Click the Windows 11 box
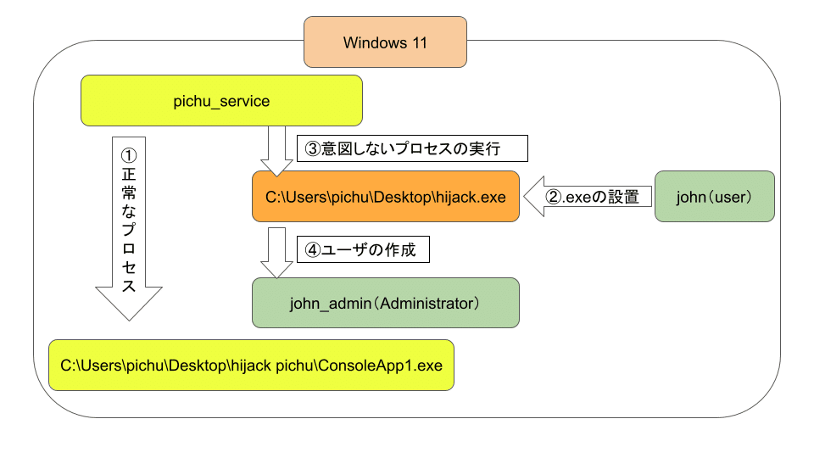pyautogui.click(x=385, y=42)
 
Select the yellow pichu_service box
pyautogui.click(x=221, y=101)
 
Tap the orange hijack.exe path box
pyautogui.click(x=386, y=197)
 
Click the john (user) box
pyautogui.click(x=714, y=197)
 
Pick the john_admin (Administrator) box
pyautogui.click(x=386, y=303)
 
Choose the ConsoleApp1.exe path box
pyautogui.click(x=251, y=365)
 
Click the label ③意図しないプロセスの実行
pyautogui.click(x=412, y=148)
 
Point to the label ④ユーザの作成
pyautogui.click(x=363, y=249)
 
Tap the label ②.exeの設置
pyautogui.click(x=593, y=197)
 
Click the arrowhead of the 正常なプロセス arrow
pyautogui.click(x=129, y=303)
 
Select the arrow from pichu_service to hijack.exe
pyautogui.click(x=276, y=151)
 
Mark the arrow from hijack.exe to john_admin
pyautogui.click(x=276, y=253)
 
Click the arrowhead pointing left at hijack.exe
pyautogui.click(x=534, y=196)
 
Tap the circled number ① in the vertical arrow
pyautogui.click(x=129, y=156)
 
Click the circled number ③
pyautogui.click(x=313, y=149)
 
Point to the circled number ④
pyautogui.click(x=313, y=250)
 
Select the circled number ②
pyautogui.click(x=554, y=197)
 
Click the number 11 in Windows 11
pyautogui.click(x=420, y=42)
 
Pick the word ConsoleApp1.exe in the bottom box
pyautogui.click(x=380, y=366)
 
